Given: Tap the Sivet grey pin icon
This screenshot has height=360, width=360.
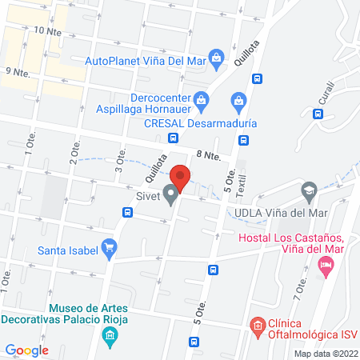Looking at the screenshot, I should pos(170,194).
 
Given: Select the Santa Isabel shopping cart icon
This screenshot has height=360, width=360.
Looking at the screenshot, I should pos(110,250).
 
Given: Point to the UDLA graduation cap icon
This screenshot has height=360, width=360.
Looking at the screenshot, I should pos(308,190).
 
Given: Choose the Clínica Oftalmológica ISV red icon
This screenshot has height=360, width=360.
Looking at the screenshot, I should pos(257,325).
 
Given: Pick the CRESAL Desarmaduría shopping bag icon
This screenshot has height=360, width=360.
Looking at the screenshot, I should pos(238,102).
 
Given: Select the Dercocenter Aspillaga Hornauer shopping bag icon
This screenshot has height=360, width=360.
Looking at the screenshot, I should pos(202,100).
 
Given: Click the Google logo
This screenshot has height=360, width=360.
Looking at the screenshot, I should pos(26,350).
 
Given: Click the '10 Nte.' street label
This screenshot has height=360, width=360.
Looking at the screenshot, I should pos(49,30).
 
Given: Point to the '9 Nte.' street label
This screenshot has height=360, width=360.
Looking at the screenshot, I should pos(18,72).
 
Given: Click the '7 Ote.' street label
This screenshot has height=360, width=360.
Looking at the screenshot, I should pos(302,286).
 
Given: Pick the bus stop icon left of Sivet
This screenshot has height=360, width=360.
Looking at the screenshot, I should pos(127,212).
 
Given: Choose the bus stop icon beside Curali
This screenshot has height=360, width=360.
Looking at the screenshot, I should pos(318,114).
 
